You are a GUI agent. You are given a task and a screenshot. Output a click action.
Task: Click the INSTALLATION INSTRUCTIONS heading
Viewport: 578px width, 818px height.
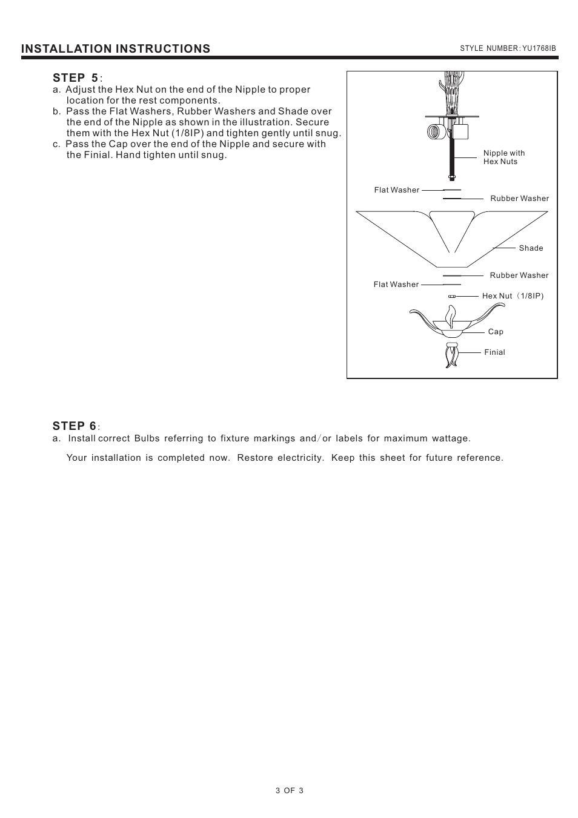click(x=116, y=48)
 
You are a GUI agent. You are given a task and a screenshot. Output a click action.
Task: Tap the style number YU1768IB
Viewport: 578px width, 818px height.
click(x=508, y=48)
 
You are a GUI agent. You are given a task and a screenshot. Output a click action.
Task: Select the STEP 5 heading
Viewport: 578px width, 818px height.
click(x=76, y=78)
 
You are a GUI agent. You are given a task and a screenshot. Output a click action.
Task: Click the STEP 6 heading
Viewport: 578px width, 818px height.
click(x=75, y=426)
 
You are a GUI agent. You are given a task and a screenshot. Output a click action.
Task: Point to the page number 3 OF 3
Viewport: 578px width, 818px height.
click(x=289, y=790)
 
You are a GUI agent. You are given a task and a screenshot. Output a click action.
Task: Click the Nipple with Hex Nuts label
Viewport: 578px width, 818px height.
click(x=503, y=157)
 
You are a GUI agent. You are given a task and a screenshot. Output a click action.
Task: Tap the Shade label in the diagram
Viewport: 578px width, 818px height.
click(x=531, y=248)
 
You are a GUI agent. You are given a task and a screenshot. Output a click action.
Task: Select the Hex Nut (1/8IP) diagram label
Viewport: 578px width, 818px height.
click(x=513, y=296)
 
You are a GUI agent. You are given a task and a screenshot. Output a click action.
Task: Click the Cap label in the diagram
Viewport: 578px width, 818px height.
click(x=496, y=332)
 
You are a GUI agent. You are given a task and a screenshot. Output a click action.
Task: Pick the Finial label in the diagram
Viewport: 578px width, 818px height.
click(x=494, y=352)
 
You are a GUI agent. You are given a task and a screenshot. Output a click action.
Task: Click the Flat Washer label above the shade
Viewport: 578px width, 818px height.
click(x=396, y=190)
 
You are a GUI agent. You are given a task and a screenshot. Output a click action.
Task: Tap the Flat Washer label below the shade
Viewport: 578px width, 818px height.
click(x=396, y=285)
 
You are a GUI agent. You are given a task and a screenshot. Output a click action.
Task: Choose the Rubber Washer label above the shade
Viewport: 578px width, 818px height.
click(x=519, y=199)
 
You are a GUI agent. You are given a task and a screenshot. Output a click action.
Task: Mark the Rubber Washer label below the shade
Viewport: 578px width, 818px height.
click(x=519, y=275)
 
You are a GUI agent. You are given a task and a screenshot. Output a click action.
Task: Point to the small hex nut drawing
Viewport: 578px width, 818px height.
click(x=451, y=297)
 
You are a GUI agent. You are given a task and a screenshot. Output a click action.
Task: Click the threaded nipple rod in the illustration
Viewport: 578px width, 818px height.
click(x=451, y=157)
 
